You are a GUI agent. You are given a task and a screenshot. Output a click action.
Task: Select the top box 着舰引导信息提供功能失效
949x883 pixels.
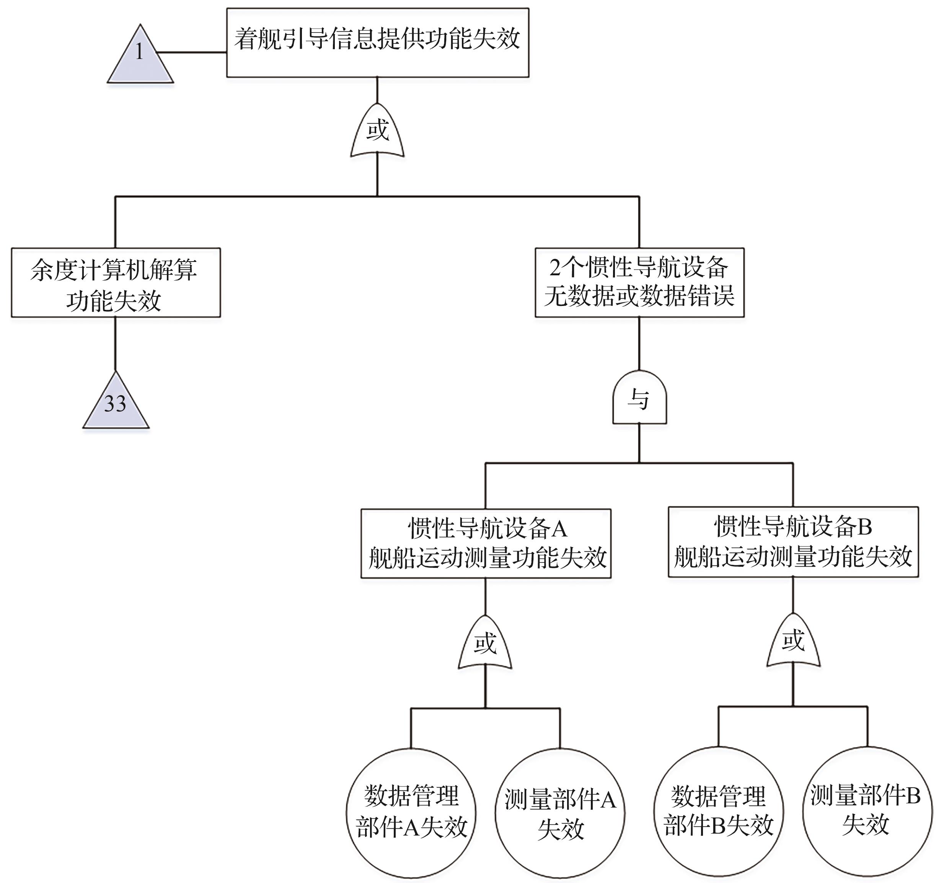tap(378, 43)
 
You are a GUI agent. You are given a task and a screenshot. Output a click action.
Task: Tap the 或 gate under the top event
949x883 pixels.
tap(378, 131)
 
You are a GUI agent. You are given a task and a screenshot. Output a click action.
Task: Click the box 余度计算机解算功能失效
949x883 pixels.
tap(116, 283)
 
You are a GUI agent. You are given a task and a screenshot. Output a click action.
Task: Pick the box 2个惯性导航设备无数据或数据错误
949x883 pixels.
tap(639, 283)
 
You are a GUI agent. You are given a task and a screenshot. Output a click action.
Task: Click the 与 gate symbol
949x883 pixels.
tap(639, 399)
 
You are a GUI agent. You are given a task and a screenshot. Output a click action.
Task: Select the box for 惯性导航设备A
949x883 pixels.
tap(486, 543)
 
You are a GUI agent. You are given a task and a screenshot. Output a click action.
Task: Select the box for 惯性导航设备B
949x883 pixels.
tap(793, 542)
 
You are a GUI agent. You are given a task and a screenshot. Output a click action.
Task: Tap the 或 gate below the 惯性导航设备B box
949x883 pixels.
tap(793, 642)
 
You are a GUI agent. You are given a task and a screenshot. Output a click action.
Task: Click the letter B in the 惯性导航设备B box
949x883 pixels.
tap(865, 527)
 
